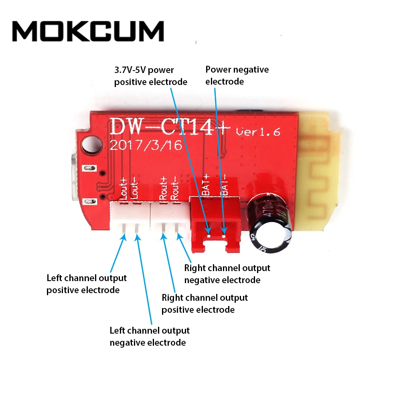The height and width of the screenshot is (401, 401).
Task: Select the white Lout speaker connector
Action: pos(129,217)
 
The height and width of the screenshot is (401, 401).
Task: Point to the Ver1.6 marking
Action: pos(258,131)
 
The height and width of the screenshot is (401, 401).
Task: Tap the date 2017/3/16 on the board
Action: pos(146,145)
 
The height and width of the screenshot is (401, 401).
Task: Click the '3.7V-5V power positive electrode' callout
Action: pos(150,76)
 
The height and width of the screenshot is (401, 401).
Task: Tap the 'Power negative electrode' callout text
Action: pos(237,75)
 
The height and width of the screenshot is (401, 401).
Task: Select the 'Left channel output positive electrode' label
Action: pos(86,284)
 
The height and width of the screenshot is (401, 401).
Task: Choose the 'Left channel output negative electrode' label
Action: pos(149,336)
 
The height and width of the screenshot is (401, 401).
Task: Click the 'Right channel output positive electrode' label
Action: pos(205,304)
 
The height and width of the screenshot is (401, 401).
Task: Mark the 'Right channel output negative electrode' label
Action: pos(227,273)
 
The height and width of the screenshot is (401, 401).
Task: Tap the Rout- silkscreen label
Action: pos(175,188)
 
